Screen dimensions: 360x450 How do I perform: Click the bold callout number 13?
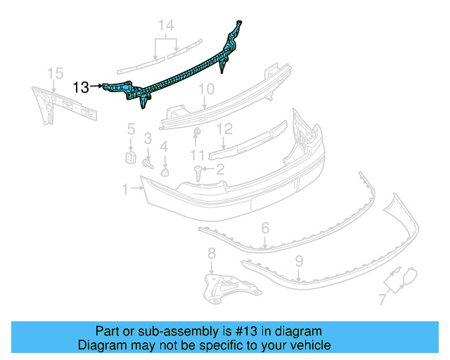coord(81,87)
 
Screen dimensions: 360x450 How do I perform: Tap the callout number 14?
coord(165,27)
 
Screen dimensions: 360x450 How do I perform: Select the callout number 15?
coord(55,72)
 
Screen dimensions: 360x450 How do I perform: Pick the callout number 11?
coord(197,154)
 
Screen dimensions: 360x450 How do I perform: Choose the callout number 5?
coord(130,129)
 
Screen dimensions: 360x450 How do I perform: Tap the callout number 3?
coord(148,138)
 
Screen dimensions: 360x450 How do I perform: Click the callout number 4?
coord(164,146)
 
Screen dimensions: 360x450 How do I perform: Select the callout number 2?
coord(219,169)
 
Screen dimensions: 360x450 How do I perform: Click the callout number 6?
coord(265,228)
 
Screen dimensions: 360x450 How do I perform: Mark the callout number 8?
coord(211,254)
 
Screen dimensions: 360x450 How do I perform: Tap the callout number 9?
coord(299,261)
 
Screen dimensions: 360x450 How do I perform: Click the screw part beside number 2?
coord(199,171)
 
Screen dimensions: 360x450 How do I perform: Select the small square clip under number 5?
coord(130,155)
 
